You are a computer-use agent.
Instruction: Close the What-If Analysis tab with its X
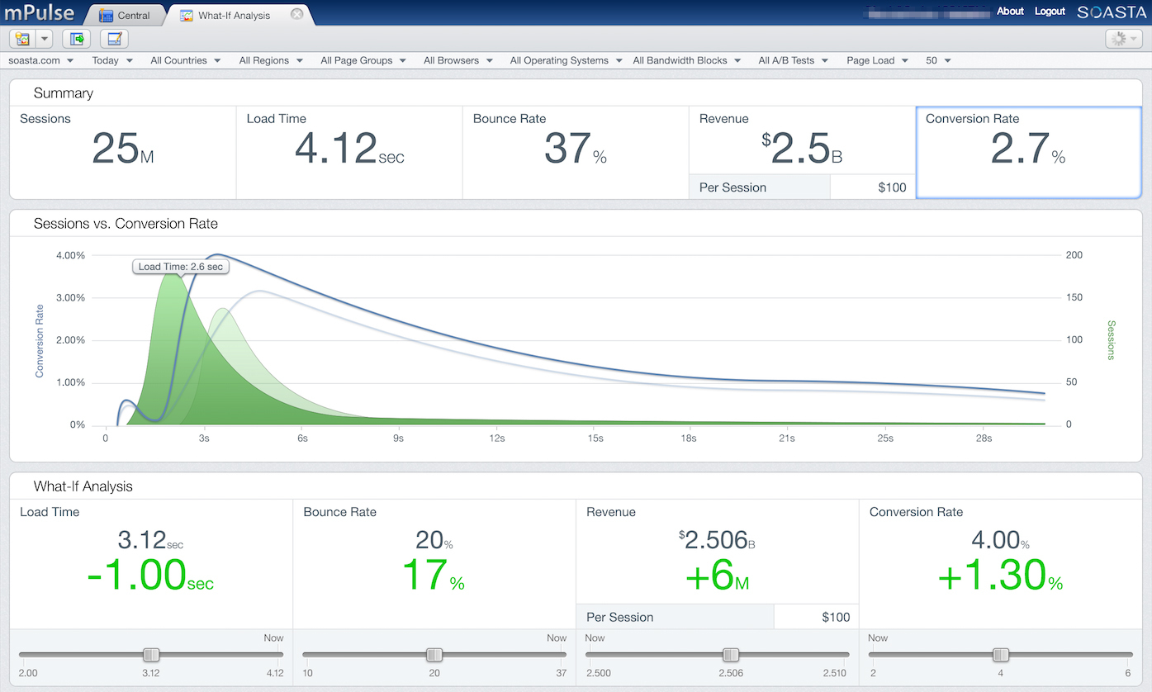pos(297,14)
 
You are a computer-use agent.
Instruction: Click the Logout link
pos(1050,12)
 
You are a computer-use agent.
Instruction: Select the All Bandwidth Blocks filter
pos(685,60)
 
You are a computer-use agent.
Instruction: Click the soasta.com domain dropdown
pos(40,60)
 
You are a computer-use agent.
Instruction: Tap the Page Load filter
pos(877,60)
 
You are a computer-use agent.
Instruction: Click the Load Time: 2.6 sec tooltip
pos(180,266)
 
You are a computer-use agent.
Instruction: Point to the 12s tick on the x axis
pos(497,438)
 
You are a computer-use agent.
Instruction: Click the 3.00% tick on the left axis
pos(70,298)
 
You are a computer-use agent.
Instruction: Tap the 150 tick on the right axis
pos(1074,298)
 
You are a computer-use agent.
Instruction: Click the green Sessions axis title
pos(1111,340)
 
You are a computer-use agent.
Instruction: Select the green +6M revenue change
pos(717,575)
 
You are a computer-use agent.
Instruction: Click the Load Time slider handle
pos(151,655)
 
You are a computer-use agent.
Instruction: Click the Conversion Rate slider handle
pos(1001,655)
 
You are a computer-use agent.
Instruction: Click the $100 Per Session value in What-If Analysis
pos(836,617)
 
